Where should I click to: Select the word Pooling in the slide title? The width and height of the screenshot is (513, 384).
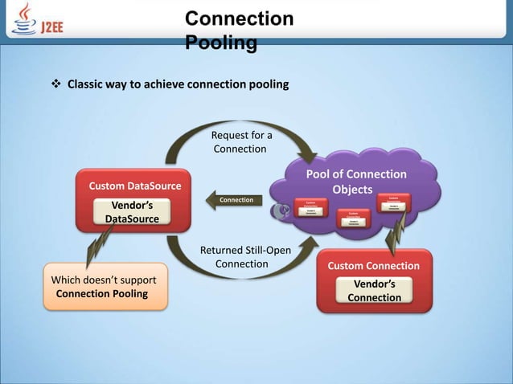(x=221, y=42)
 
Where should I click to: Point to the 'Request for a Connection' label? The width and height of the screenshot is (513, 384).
(x=241, y=142)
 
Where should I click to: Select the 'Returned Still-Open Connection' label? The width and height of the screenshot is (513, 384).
(x=244, y=257)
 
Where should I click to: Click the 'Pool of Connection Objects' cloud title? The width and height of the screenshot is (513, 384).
(x=355, y=182)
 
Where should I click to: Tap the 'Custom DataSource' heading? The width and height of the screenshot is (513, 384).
(x=134, y=186)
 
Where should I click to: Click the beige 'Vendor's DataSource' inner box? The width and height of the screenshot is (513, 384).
(x=132, y=212)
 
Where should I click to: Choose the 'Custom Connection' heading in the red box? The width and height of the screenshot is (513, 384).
(x=373, y=266)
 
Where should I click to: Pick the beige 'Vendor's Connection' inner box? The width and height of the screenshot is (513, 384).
(x=374, y=291)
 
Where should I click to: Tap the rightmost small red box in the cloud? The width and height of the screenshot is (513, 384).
(x=392, y=202)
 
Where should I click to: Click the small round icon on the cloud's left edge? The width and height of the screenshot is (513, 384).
(x=282, y=211)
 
